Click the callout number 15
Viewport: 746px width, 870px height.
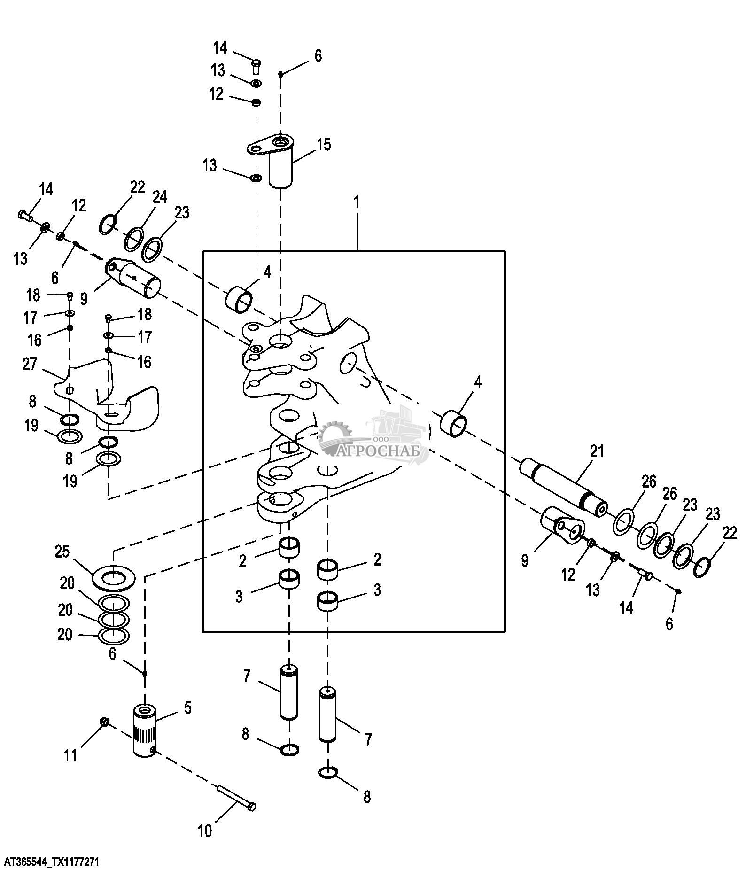(324, 144)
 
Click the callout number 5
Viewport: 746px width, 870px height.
(187, 707)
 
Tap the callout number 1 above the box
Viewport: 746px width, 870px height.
(357, 202)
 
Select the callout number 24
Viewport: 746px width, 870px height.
(160, 197)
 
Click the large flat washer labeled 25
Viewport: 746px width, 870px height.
(114, 577)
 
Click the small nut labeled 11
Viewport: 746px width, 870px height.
(105, 721)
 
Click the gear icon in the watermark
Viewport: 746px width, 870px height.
(335, 435)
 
